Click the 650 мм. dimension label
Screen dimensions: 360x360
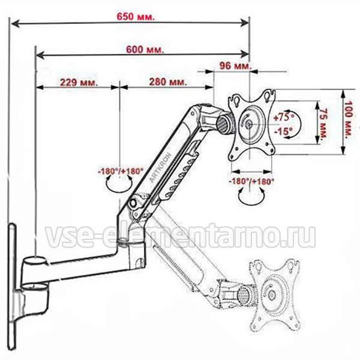point(136,17)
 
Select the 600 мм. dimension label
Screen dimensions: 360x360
point(145,50)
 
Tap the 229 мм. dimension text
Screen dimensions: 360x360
point(79,82)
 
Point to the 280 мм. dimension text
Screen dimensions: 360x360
point(168,82)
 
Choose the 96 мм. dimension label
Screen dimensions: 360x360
point(236,66)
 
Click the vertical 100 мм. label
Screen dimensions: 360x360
point(349,119)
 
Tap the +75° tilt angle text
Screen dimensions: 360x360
point(284,118)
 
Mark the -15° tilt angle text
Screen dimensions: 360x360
point(284,131)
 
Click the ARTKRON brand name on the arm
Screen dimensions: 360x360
point(161,167)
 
